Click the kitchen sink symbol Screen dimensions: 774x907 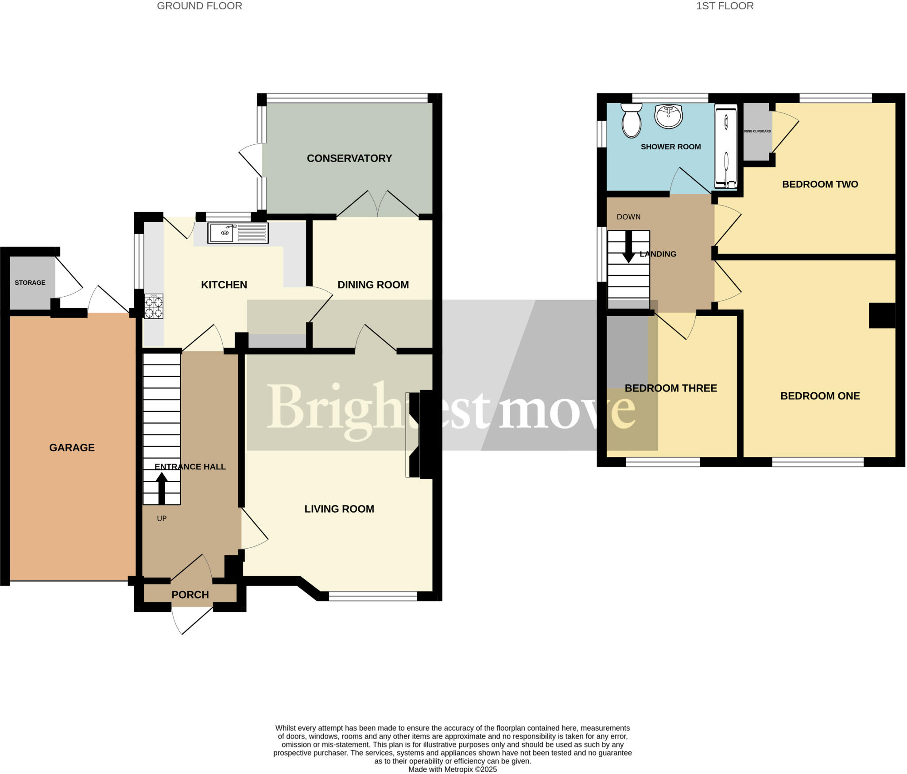pyautogui.click(x=238, y=233)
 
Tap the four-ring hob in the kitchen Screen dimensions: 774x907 pyautogui.click(x=154, y=306)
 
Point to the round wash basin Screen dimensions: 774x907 pyautogui.click(x=668, y=116)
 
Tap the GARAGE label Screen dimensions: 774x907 pyautogui.click(x=72, y=448)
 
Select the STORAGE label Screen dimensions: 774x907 pyautogui.click(x=30, y=283)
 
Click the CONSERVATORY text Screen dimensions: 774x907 pyautogui.click(x=349, y=159)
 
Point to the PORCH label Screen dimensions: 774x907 pyautogui.click(x=190, y=595)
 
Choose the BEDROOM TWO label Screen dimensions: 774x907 pyautogui.click(x=820, y=184)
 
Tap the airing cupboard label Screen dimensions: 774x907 pyautogui.click(x=757, y=132)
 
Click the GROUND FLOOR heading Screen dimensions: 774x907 pyautogui.click(x=199, y=6)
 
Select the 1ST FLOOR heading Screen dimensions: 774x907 pyautogui.click(x=725, y=6)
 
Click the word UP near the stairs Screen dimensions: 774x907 pyautogui.click(x=162, y=518)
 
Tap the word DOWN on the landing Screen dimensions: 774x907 pyautogui.click(x=628, y=217)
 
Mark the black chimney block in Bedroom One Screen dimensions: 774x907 pyautogui.click(x=882, y=315)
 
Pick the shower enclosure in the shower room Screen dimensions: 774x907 pyautogui.click(x=726, y=146)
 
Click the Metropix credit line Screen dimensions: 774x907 pyautogui.click(x=452, y=769)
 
